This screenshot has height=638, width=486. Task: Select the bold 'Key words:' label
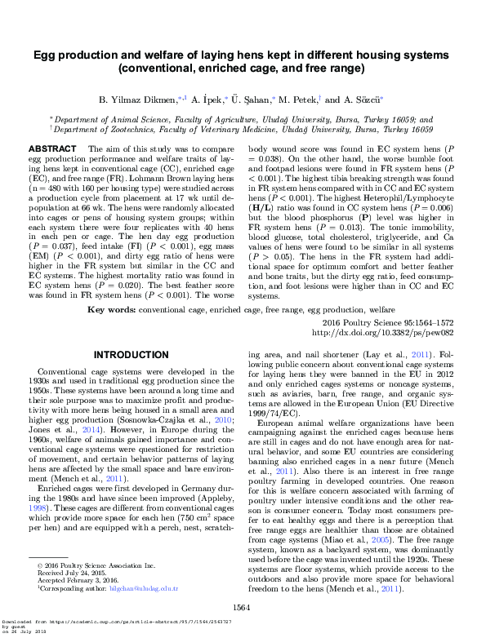pos(111,311)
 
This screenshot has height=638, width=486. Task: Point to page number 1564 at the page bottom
pos(242,607)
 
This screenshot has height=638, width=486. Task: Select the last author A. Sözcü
pos(363,100)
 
